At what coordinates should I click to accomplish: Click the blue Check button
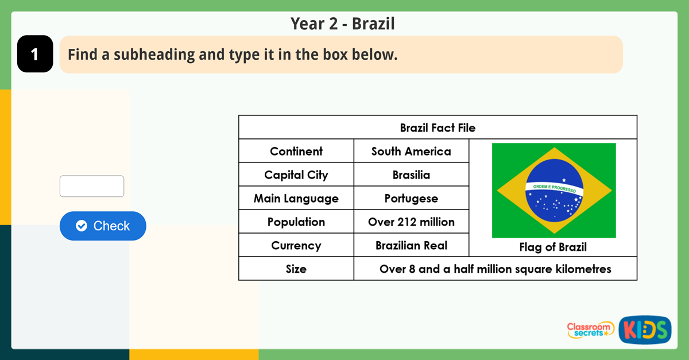coord(103,226)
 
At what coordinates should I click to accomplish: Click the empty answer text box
coord(92,186)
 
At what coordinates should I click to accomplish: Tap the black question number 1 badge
coord(35,54)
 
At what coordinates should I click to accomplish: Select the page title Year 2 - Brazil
coord(343,24)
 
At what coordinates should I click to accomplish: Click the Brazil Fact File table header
coord(438,127)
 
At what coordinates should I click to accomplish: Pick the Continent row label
coord(296,151)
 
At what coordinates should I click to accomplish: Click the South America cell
coord(411,151)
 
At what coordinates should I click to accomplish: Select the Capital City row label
coord(296,175)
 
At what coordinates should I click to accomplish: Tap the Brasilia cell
coord(411,175)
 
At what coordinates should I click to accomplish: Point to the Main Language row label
coord(296,198)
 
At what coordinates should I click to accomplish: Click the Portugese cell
coord(411,198)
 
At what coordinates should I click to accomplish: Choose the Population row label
coord(296,222)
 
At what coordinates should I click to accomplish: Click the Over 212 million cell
coord(411,222)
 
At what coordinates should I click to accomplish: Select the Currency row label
coord(296,245)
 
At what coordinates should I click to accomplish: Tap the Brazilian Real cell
coord(411,245)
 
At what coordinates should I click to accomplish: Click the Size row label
coord(296,269)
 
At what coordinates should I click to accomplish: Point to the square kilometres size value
coord(495,269)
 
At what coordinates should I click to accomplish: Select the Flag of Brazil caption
coord(553,247)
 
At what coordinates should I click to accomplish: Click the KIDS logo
coord(645,330)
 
